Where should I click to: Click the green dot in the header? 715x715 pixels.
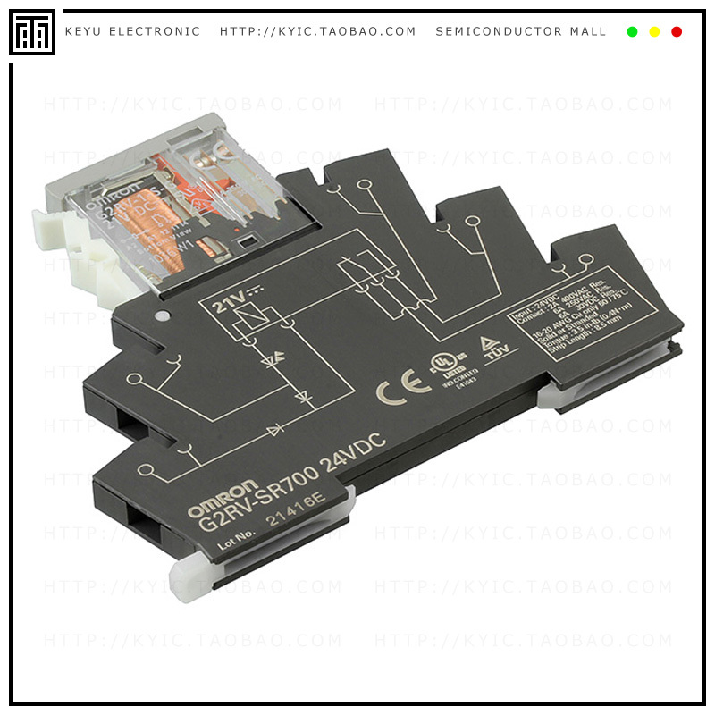[x=632, y=32]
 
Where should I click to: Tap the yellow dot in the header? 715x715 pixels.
[x=654, y=32]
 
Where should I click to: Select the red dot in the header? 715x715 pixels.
[x=677, y=32]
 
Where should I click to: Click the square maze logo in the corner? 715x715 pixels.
[x=32, y=32]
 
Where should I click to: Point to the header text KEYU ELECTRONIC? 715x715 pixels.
[x=132, y=32]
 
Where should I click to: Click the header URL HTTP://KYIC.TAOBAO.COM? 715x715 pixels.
[x=318, y=32]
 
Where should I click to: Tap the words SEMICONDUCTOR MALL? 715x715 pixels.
[x=521, y=32]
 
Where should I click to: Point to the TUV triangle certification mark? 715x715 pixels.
[x=490, y=349]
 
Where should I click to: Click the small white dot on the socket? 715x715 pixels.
[x=162, y=315]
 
